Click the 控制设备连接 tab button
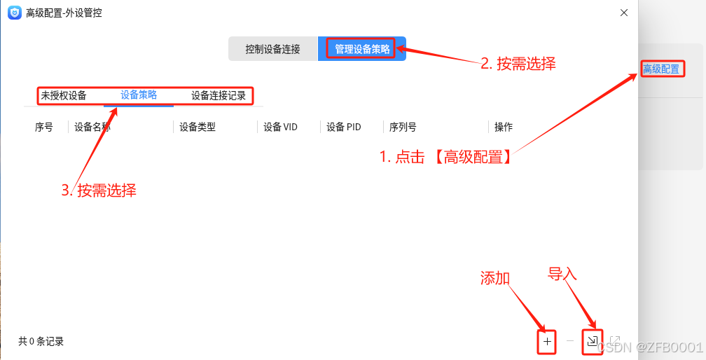click(272, 49)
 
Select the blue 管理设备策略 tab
click(362, 49)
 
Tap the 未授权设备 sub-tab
click(64, 95)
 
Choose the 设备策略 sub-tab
click(139, 95)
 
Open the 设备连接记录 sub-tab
click(219, 95)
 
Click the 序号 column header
click(43, 127)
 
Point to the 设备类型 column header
click(198, 127)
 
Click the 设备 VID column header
click(280, 127)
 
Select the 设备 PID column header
click(344, 127)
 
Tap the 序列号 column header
click(403, 127)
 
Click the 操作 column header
click(504, 127)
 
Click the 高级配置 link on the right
click(661, 69)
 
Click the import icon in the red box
click(593, 342)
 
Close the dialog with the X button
click(624, 12)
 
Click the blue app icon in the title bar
click(14, 12)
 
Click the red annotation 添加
click(494, 277)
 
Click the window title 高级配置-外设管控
click(64, 12)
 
